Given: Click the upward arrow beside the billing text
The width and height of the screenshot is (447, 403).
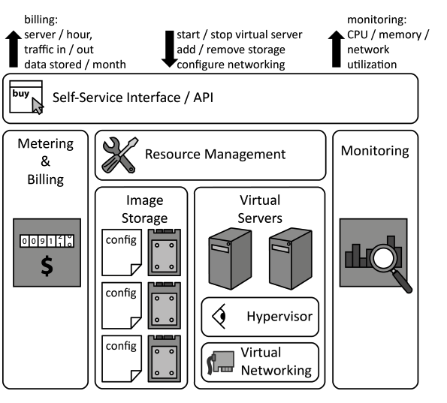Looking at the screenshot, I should tap(13, 50).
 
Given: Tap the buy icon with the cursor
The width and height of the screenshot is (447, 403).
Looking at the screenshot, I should tap(26, 99).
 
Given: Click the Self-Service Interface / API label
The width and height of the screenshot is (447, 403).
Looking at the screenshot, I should tap(127, 98).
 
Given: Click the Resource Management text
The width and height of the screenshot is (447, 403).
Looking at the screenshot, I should tap(215, 155).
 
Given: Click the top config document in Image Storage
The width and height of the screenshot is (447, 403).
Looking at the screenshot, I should tap(120, 251).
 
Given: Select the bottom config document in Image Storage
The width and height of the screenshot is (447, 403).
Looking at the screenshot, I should tap(120, 358).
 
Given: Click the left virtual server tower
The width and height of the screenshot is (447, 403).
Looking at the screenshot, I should tap(228, 260).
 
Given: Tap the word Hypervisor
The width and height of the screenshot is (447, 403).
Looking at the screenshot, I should tap(279, 316).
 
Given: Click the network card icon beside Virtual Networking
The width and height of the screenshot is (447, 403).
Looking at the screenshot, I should tap(219, 362).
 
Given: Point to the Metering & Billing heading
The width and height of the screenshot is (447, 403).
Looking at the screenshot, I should tap(45, 161).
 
